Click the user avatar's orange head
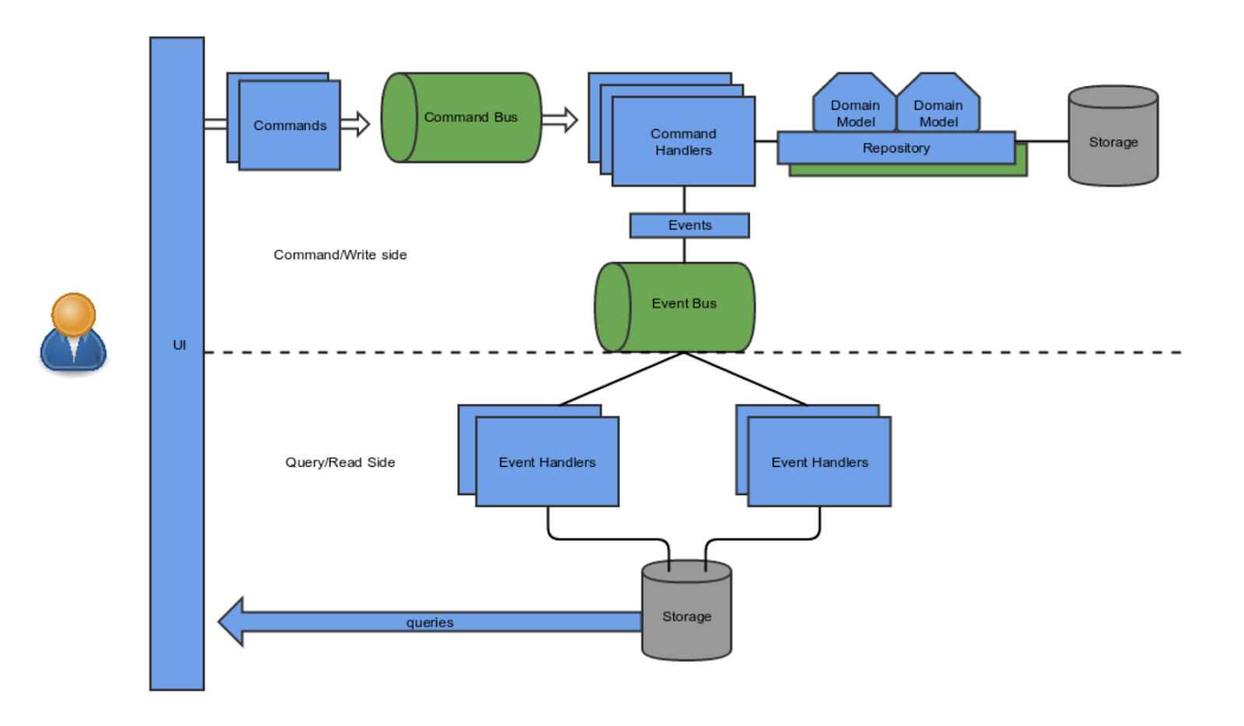pyautogui.click(x=73, y=313)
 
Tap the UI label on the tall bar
pyautogui.click(x=179, y=345)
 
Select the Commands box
pyautogui.click(x=289, y=125)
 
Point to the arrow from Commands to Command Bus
pyautogui.click(x=355, y=123)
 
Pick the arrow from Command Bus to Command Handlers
pyautogui.click(x=561, y=119)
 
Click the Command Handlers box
pyautogui.click(x=683, y=142)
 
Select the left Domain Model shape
pyautogui.click(x=854, y=109)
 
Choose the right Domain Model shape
pyautogui.click(x=938, y=109)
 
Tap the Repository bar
pyautogui.click(x=896, y=148)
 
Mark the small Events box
pyautogui.click(x=689, y=225)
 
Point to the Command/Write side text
pyautogui.click(x=340, y=254)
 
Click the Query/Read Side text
pyautogui.click(x=340, y=462)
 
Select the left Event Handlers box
pyautogui.click(x=547, y=461)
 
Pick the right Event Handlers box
pyautogui.click(x=819, y=461)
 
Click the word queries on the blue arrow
pyautogui.click(x=429, y=622)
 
